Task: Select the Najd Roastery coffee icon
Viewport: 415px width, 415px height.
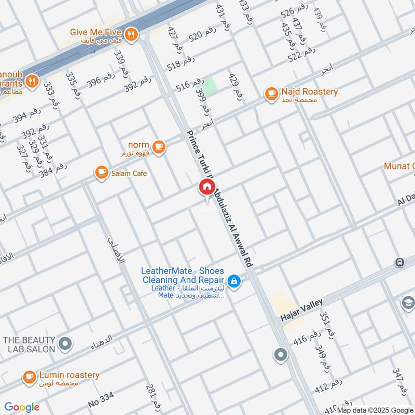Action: tap(271, 93)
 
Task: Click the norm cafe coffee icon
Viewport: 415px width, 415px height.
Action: tap(159, 146)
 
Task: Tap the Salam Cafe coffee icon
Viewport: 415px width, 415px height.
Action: tap(101, 173)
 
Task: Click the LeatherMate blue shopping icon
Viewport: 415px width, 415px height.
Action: tap(234, 281)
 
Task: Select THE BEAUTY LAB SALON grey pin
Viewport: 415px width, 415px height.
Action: tap(65, 343)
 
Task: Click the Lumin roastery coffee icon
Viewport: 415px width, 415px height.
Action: tap(29, 377)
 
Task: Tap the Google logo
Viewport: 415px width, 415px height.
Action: tap(22, 407)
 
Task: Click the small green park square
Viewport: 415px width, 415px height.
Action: tap(210, 86)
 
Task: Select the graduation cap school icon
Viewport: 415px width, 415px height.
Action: tap(408, 302)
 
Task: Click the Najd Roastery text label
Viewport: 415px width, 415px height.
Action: tap(309, 92)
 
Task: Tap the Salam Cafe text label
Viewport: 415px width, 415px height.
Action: tap(129, 173)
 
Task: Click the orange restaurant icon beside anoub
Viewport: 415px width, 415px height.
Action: tap(32, 81)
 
